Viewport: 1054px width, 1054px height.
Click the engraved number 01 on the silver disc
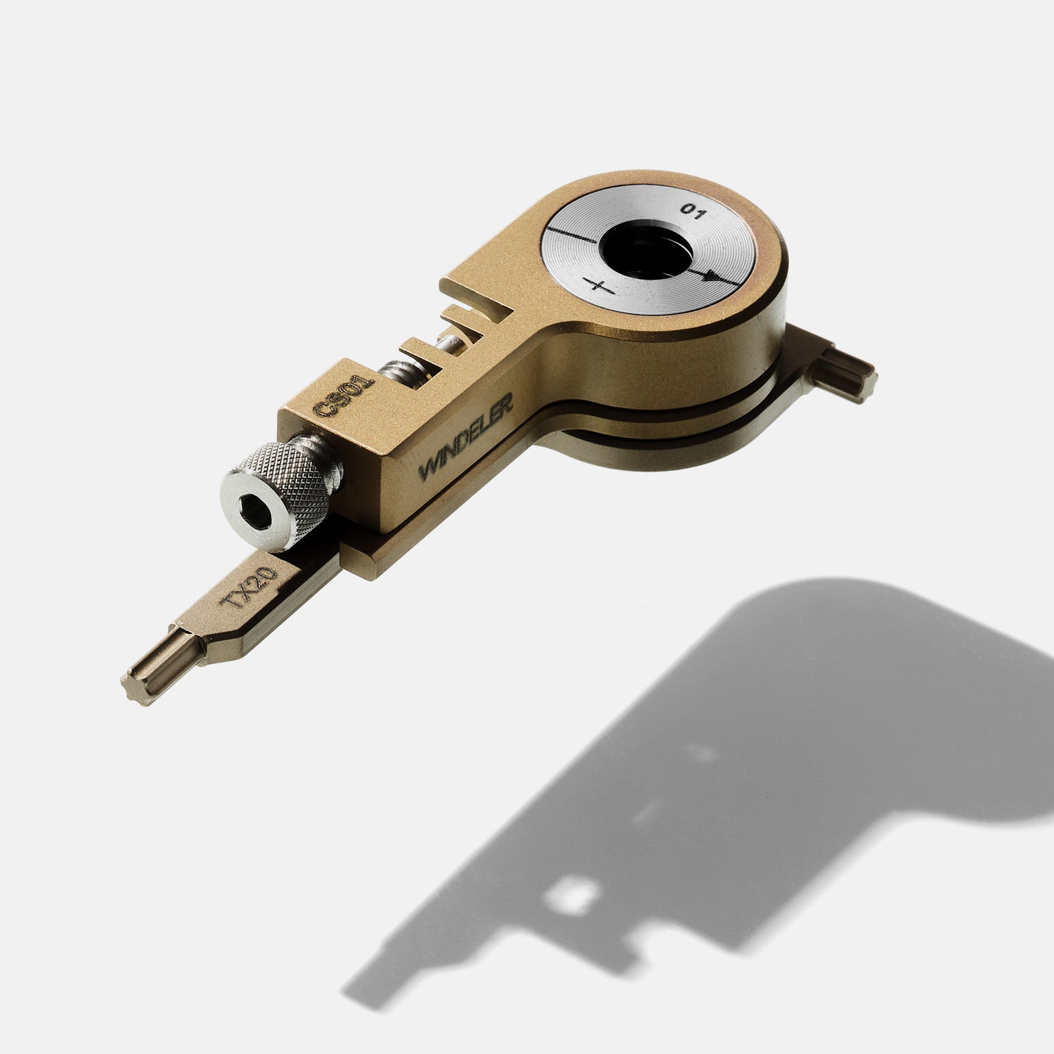point(691,212)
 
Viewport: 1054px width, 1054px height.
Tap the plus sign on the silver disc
point(599,286)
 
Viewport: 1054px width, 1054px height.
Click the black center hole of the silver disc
point(649,249)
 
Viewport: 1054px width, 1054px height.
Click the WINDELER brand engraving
point(466,436)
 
